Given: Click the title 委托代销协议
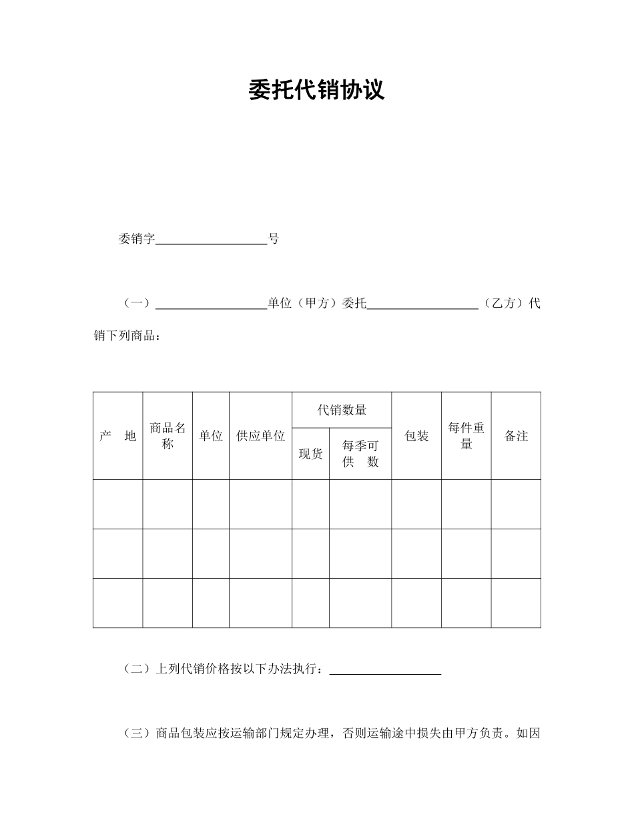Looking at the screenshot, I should click(316, 90).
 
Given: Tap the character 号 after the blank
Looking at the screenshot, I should click(274, 239).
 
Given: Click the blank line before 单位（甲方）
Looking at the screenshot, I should click(211, 304).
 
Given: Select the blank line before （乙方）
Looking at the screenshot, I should click(422, 304).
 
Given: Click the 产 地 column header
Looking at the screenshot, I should click(117, 436).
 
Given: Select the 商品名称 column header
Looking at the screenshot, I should click(168, 436).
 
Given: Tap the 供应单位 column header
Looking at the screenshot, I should click(260, 436).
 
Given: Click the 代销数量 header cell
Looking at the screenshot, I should click(342, 410).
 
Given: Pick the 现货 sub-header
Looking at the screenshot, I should click(310, 454).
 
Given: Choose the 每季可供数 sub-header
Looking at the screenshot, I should click(360, 454).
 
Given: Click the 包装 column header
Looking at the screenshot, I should click(416, 436).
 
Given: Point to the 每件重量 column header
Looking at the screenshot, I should click(466, 436).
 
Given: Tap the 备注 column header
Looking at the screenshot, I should click(516, 436).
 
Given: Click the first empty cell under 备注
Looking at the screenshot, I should click(516, 504).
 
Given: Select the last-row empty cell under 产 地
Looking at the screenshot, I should click(117, 603).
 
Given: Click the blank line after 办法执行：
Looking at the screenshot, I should click(385, 669).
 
